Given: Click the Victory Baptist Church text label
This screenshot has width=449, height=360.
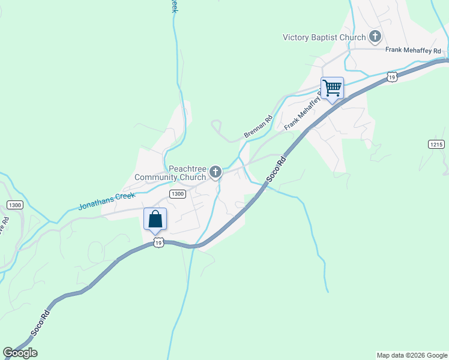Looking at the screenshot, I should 324,37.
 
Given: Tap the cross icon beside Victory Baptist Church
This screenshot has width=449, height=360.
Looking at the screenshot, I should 375,37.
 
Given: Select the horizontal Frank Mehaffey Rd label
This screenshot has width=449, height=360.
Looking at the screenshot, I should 414,50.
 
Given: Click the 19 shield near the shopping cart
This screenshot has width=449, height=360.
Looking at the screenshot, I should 391,77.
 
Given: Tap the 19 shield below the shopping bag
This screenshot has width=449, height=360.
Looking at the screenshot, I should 158,242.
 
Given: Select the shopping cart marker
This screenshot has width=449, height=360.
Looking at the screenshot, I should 332,88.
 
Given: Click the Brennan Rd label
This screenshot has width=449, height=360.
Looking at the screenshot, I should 258,126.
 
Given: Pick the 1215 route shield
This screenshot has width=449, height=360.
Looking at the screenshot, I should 436,145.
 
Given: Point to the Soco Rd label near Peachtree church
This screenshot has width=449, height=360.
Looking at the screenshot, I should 274,170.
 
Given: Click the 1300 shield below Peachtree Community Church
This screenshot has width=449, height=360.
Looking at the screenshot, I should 177,194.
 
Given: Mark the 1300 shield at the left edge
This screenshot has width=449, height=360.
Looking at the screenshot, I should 15,205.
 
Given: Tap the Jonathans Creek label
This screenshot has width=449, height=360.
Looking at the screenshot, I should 107,200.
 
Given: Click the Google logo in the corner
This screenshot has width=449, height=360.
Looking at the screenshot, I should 20,353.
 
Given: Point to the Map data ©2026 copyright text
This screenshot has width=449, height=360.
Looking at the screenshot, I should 411,355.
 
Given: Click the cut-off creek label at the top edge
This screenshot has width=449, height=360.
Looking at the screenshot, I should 174,6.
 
